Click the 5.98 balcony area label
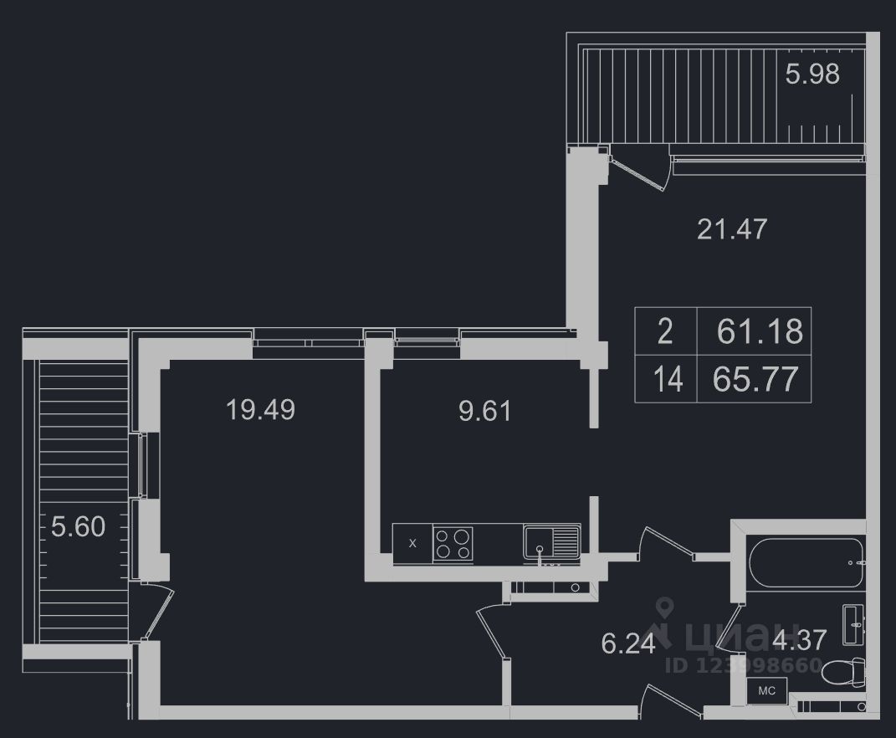pyautogui.click(x=812, y=74)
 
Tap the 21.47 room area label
pyautogui.click(x=732, y=228)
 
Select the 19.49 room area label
pyautogui.click(x=260, y=409)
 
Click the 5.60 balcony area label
pyautogui.click(x=79, y=527)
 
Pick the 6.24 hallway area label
pyautogui.click(x=627, y=643)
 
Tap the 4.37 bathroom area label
pyautogui.click(x=800, y=639)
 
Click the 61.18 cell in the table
pyautogui.click(x=759, y=331)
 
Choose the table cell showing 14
pyautogui.click(x=668, y=380)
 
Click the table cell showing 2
pyautogui.click(x=665, y=331)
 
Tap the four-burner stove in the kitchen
pyautogui.click(x=453, y=542)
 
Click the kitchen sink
pyautogui.click(x=550, y=542)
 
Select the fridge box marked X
pyautogui.click(x=412, y=542)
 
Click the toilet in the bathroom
pyautogui.click(x=844, y=672)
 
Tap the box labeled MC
pyautogui.click(x=767, y=691)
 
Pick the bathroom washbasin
pyautogui.click(x=854, y=623)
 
